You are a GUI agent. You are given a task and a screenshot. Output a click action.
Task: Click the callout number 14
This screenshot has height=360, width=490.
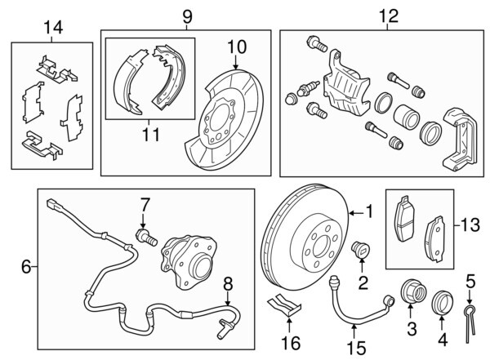[53, 29]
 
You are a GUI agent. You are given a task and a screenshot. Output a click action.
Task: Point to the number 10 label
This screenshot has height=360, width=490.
[236, 48]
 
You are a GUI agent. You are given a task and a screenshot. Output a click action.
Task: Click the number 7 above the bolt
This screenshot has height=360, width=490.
[228, 283]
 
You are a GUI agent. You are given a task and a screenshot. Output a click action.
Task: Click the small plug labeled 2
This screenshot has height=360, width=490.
[359, 250]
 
